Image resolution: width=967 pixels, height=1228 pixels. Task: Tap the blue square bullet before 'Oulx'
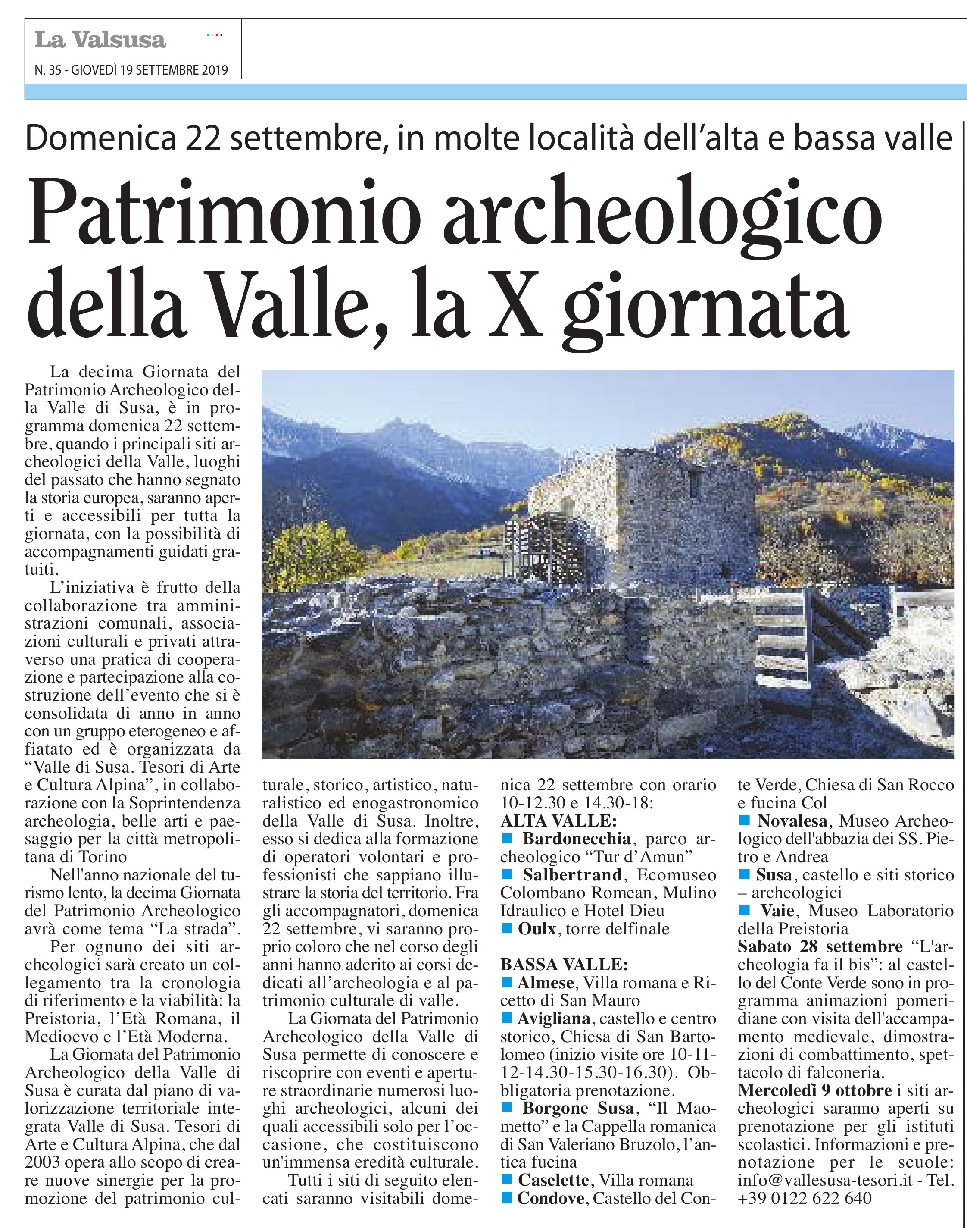(x=507, y=928)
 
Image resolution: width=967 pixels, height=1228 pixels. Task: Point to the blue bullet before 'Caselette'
(x=507, y=1180)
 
